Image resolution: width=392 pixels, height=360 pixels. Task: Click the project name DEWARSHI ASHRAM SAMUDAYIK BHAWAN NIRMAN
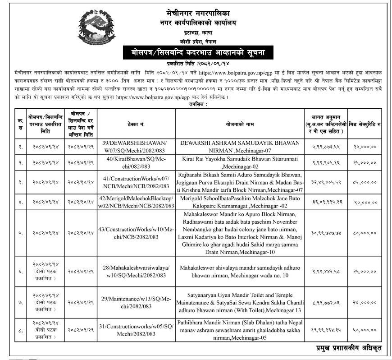(x=240, y=146)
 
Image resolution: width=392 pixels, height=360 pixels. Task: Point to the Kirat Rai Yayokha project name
(x=240, y=163)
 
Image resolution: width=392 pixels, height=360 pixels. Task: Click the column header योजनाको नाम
(x=240, y=123)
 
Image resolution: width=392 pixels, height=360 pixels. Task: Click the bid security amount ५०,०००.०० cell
(x=365, y=330)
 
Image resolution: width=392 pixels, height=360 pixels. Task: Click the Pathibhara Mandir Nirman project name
(x=240, y=330)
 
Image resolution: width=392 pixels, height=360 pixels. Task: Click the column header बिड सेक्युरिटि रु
(x=365, y=123)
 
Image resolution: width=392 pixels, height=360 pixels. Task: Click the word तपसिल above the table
(x=196, y=104)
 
